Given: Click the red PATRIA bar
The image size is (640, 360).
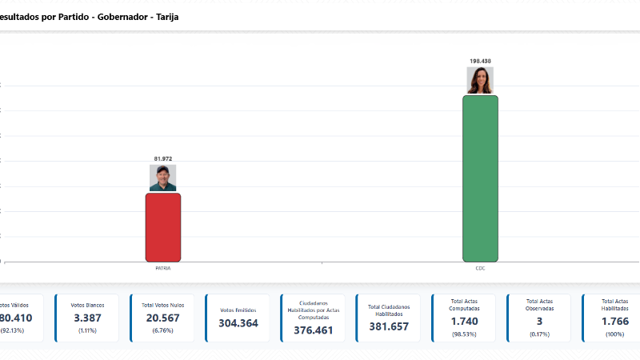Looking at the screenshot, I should [162, 227].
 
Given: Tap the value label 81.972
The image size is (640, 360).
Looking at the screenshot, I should [163, 158].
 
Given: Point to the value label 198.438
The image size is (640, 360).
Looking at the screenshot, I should [480, 61].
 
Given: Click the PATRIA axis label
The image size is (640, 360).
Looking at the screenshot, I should [163, 268].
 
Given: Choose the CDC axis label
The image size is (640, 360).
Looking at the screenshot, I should [480, 268].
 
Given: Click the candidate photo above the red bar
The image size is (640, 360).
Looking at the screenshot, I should [163, 178].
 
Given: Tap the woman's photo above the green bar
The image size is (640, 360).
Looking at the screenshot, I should [480, 80].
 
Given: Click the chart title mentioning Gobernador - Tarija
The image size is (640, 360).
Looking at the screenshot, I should [84, 16].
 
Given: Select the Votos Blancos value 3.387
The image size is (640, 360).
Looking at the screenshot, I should [87, 318].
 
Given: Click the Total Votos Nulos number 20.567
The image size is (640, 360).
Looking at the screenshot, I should [162, 318].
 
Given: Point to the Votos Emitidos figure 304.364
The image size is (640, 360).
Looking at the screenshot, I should [238, 323].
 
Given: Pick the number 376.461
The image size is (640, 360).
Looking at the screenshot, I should [313, 330].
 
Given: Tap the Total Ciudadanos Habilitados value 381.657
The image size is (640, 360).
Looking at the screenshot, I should [388, 326].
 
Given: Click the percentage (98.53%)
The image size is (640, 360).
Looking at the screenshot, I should [464, 334].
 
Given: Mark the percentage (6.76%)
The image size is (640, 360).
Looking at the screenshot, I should [162, 330].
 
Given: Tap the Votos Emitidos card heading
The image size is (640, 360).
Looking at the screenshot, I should [238, 310].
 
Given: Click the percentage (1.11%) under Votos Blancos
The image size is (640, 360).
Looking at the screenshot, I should [87, 330].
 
